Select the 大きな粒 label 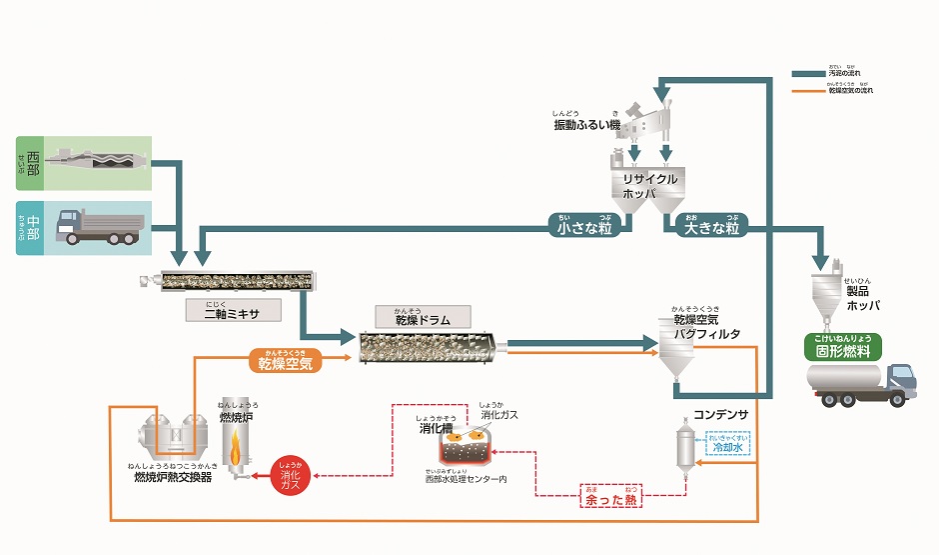click(x=710, y=227)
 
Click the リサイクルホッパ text click(x=650, y=185)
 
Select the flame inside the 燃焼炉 click(x=237, y=450)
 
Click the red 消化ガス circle click(x=291, y=472)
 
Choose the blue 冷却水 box click(x=725, y=444)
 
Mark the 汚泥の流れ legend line click(x=811, y=72)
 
